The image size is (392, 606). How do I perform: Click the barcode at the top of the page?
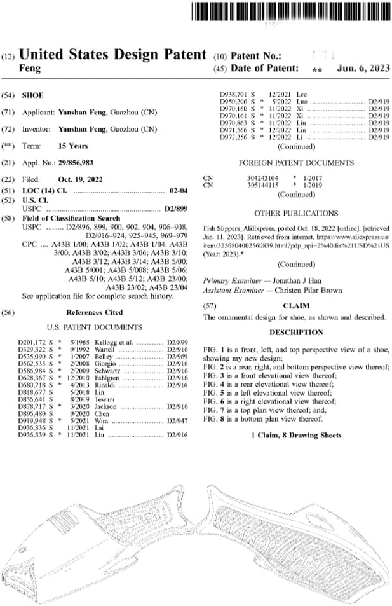click(x=289, y=11)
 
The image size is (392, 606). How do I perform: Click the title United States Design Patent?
click(x=113, y=55)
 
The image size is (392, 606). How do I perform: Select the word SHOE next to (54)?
click(x=32, y=95)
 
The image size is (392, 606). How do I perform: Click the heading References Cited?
click(x=95, y=313)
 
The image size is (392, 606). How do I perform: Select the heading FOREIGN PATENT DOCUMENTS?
click(x=295, y=163)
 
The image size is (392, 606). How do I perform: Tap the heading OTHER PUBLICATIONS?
click(x=296, y=214)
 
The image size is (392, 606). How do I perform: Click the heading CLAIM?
click(x=297, y=306)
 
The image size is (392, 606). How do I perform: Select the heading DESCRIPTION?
click(x=296, y=333)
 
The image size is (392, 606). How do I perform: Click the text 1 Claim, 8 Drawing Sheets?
click(x=296, y=435)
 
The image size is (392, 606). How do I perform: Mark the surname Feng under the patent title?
click(x=30, y=67)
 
